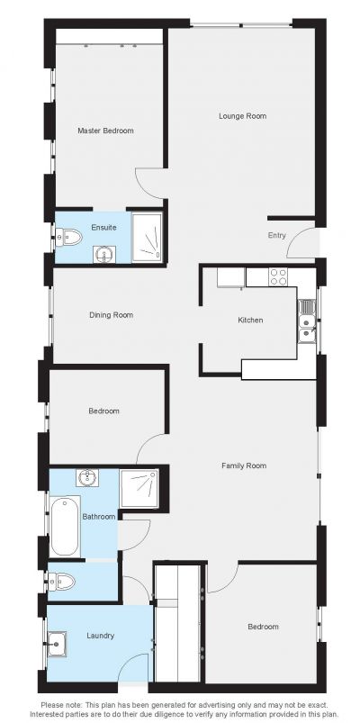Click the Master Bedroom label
(x=105, y=131)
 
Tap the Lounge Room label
(x=242, y=116)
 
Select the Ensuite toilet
(x=68, y=238)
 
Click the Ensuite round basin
(x=104, y=254)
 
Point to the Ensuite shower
(x=147, y=237)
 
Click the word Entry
(x=277, y=235)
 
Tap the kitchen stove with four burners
(x=278, y=276)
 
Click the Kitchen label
(x=250, y=320)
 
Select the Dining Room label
(x=111, y=315)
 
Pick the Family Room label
(x=244, y=465)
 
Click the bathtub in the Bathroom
(x=65, y=526)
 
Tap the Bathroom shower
(x=139, y=488)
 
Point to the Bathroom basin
(x=86, y=477)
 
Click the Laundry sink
(x=57, y=643)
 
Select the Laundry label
(x=101, y=636)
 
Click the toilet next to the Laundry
(x=62, y=582)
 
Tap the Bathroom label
(x=99, y=517)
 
